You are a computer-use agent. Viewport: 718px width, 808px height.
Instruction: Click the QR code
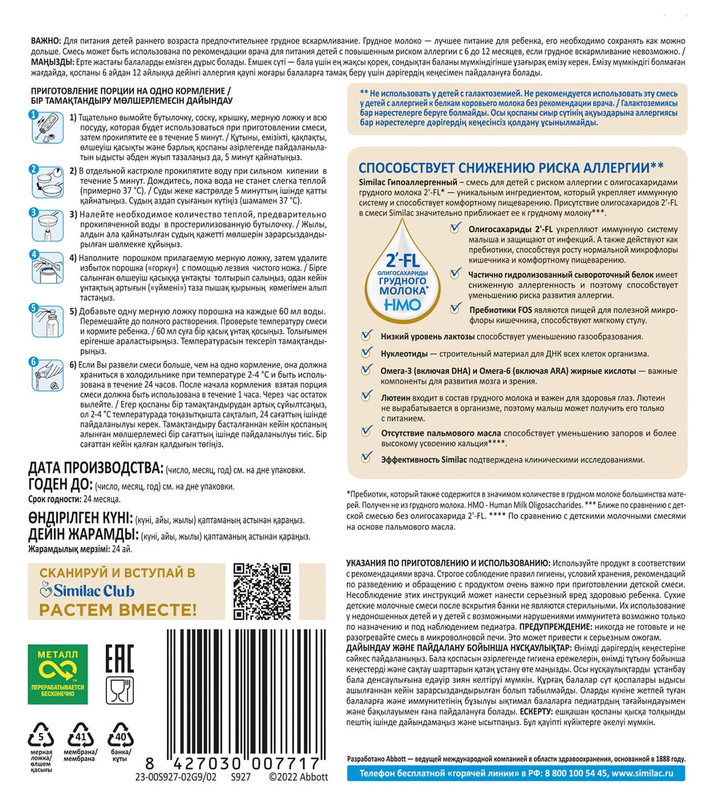pyautogui.click(x=261, y=591)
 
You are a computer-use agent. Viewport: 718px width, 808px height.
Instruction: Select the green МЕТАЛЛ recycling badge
pyautogui.click(x=58, y=674)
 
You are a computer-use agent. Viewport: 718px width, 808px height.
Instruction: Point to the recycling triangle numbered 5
pyautogui.click(x=41, y=735)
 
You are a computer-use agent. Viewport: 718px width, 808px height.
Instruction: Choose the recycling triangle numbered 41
pyautogui.click(x=80, y=735)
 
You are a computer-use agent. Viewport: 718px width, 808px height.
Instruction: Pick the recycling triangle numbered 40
pyautogui.click(x=121, y=735)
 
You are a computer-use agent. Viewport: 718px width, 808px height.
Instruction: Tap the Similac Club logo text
pyautogui.click(x=87, y=591)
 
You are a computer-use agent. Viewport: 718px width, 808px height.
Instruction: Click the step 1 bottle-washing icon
pyautogui.click(x=47, y=128)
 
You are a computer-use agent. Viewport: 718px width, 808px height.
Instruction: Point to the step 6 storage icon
pyautogui.click(x=47, y=375)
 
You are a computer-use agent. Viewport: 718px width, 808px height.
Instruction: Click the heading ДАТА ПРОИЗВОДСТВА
pyautogui.click(x=95, y=467)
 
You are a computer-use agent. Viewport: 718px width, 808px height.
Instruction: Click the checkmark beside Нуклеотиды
pyautogui.click(x=367, y=353)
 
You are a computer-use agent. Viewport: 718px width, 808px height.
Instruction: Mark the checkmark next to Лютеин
pyautogui.click(x=367, y=396)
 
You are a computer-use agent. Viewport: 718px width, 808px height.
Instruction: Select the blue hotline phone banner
pyautogui.click(x=515, y=773)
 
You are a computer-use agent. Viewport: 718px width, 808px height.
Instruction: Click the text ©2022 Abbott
pyautogui.click(x=298, y=777)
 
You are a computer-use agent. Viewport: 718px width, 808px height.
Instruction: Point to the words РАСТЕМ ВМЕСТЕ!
pyautogui.click(x=118, y=609)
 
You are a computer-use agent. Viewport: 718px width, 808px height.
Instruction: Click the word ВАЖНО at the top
pyautogui.click(x=46, y=41)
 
